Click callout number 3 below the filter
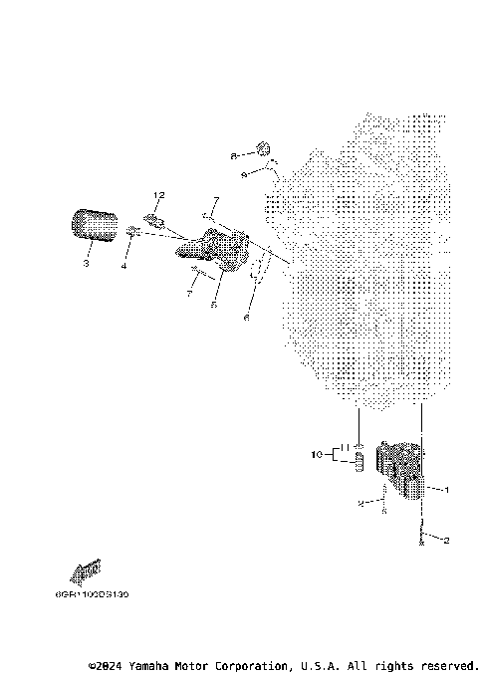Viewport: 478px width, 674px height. (x=86, y=265)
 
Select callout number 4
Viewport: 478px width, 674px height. (x=124, y=265)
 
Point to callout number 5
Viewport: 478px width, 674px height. (x=213, y=306)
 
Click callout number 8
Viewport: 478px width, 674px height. (x=234, y=156)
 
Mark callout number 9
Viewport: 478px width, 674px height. (x=244, y=174)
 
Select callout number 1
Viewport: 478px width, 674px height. (x=446, y=490)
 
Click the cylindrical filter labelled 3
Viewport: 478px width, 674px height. (x=93, y=224)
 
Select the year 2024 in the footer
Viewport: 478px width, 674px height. (x=114, y=665)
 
